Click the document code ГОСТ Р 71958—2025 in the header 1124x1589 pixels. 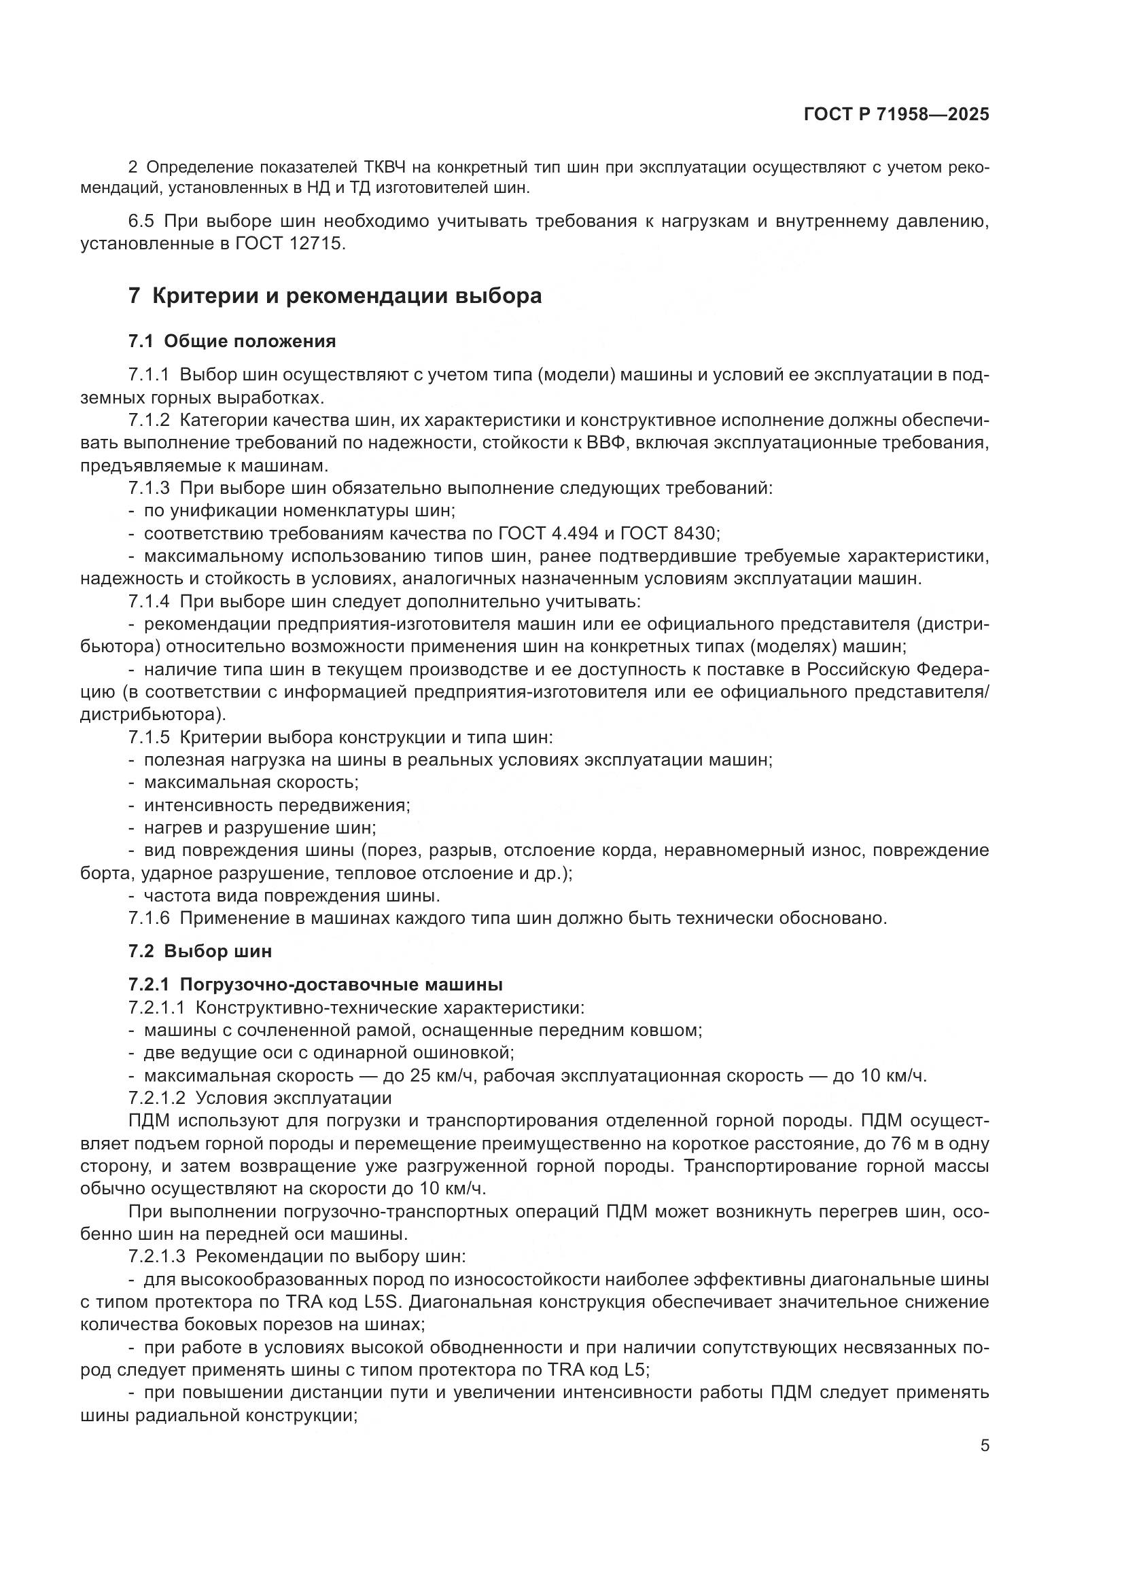[896, 115]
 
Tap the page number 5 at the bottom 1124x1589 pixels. [984, 1446]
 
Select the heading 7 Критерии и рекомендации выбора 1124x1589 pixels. [335, 296]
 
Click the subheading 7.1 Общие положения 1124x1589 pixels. [232, 341]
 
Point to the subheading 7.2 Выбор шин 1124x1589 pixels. [200, 951]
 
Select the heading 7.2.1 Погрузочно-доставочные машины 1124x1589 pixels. [315, 984]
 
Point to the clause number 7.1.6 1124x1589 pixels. [149, 918]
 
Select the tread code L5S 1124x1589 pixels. [384, 1302]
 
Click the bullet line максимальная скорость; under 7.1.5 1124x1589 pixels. [251, 783]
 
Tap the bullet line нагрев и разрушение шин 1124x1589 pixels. [260, 827]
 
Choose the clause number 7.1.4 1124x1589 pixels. [149, 601]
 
